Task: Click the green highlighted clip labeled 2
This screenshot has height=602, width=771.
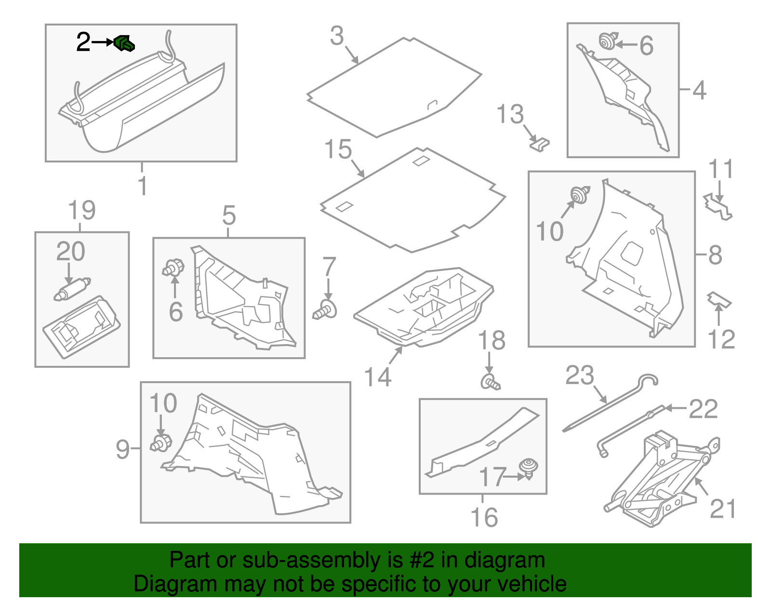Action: pyautogui.click(x=124, y=43)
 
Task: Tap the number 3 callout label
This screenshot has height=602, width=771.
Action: pyautogui.click(x=337, y=36)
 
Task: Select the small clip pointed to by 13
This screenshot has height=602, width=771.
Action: pyautogui.click(x=540, y=144)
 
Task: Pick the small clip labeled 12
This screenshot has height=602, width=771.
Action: pyautogui.click(x=718, y=300)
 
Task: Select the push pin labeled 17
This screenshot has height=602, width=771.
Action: pyautogui.click(x=529, y=468)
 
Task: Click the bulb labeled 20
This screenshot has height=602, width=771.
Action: pyautogui.click(x=73, y=289)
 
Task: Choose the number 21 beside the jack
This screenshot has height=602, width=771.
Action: pyautogui.click(x=722, y=509)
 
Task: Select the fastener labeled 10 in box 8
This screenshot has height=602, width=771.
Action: pyautogui.click(x=580, y=195)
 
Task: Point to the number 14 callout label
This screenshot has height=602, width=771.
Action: pyautogui.click(x=377, y=377)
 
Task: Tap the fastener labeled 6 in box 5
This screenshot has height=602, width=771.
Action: pyautogui.click(x=173, y=268)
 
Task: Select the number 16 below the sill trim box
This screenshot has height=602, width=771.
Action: pyautogui.click(x=483, y=518)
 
